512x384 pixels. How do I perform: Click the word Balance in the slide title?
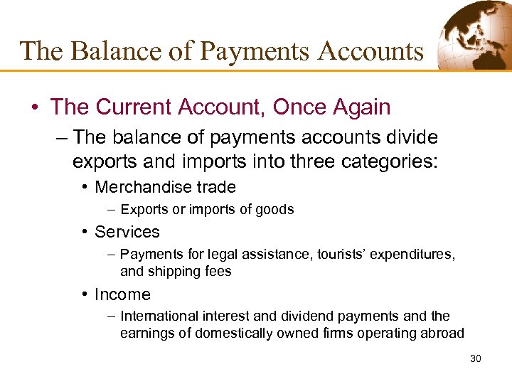[106, 51]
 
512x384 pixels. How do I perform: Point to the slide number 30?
[476, 358]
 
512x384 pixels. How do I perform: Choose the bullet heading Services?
[127, 232]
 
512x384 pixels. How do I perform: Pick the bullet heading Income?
[122, 294]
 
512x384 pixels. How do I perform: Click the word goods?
[276, 209]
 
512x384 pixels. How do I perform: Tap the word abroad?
[444, 333]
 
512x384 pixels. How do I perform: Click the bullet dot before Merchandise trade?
[85, 188]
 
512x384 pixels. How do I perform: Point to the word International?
[157, 316]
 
